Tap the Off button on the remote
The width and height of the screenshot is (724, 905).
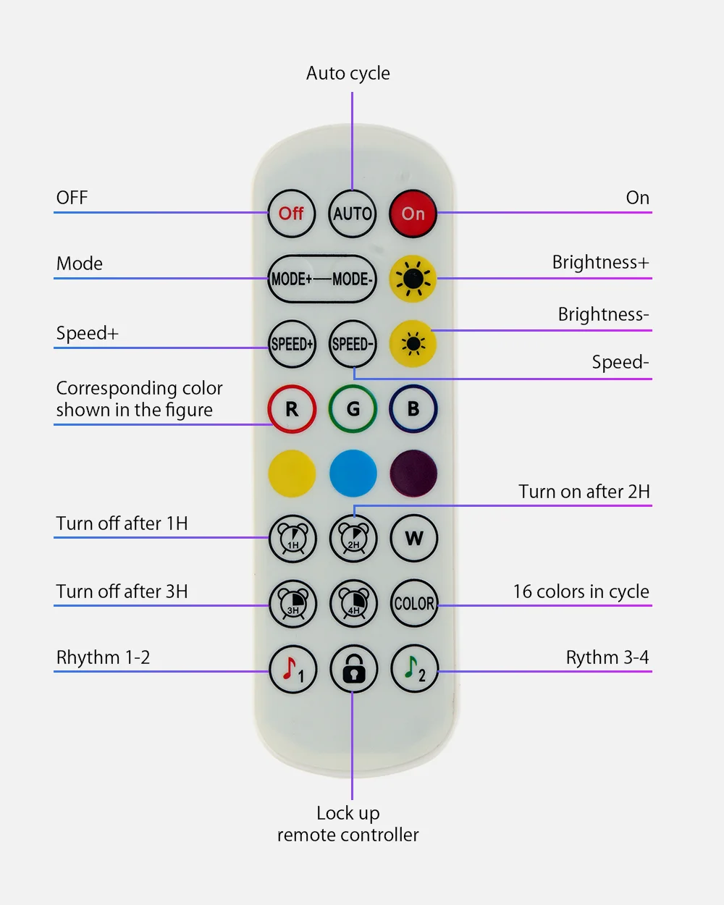click(291, 214)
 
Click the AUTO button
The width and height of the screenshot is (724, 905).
click(353, 214)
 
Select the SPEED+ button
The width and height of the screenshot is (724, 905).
click(292, 345)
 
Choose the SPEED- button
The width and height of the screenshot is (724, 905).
click(353, 345)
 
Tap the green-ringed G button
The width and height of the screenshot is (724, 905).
click(353, 409)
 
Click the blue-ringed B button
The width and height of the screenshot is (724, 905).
click(413, 409)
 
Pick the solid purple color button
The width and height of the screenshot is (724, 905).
click(413, 474)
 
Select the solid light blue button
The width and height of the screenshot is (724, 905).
click(353, 474)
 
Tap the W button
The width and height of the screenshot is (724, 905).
click(413, 539)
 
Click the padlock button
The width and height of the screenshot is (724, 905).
click(353, 670)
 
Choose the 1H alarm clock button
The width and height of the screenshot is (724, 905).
click(292, 539)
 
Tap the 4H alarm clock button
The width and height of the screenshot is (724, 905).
click(353, 604)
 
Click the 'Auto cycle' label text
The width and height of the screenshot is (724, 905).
click(348, 73)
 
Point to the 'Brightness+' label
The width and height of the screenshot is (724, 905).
click(600, 262)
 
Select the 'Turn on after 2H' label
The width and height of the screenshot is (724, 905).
click(584, 492)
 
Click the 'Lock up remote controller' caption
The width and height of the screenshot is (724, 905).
click(348, 824)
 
